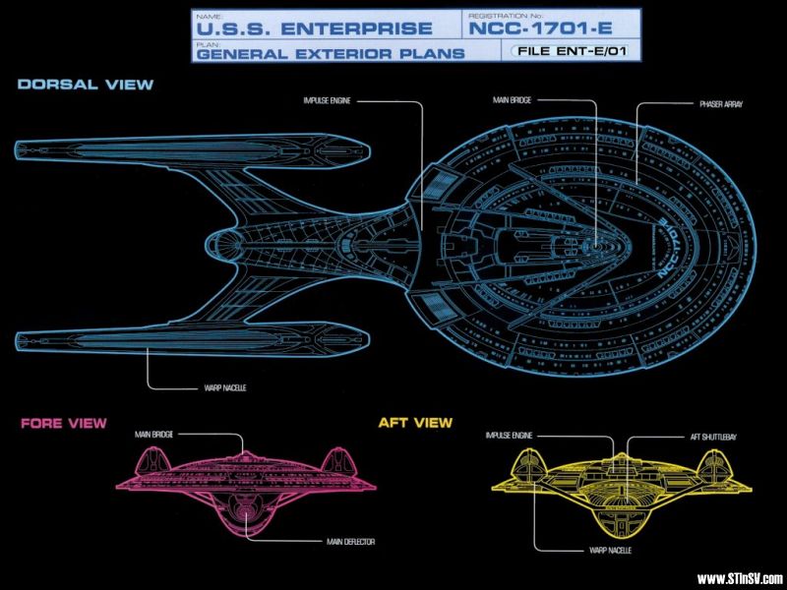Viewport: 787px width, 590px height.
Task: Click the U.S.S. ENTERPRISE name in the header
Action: [x=312, y=29]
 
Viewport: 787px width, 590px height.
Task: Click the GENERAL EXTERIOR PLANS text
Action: [x=330, y=54]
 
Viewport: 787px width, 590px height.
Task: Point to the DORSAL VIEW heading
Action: [x=86, y=85]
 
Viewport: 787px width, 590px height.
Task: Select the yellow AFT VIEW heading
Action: [x=415, y=423]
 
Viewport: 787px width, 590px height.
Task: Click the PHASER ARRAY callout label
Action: [x=720, y=103]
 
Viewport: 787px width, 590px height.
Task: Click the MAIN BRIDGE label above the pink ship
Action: [x=156, y=434]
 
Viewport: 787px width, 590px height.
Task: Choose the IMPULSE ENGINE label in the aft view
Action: [x=510, y=436]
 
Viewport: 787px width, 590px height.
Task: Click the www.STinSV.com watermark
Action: [x=739, y=578]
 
